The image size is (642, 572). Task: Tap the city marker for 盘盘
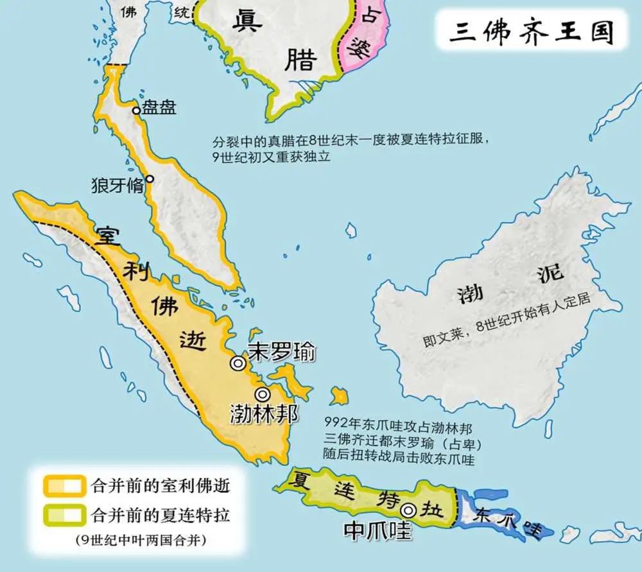tap(136, 110)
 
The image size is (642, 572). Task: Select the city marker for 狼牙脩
tap(150, 179)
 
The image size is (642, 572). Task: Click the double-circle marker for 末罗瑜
tap(238, 363)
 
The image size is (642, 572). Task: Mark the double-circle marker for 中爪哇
tap(408, 510)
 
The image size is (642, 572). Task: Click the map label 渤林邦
tap(263, 414)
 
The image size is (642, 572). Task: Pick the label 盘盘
tap(159, 107)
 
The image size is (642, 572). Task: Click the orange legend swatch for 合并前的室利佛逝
tap(63, 485)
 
